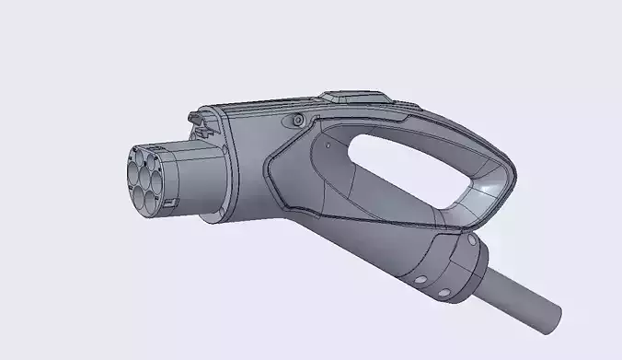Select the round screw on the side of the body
pyautogui.click(x=297, y=121)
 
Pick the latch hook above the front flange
pyautogui.click(x=195, y=118)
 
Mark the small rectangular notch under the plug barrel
pyautogui.click(x=171, y=201)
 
